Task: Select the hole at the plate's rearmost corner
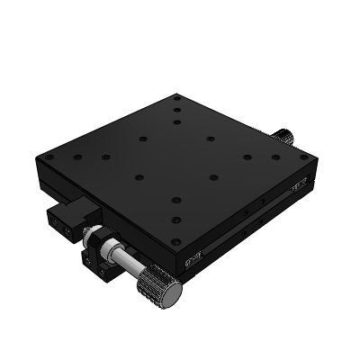pos(178,97)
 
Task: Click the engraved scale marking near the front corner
pos(192,261)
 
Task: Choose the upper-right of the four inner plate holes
pos(210,139)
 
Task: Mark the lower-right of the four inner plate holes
pos(213,176)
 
